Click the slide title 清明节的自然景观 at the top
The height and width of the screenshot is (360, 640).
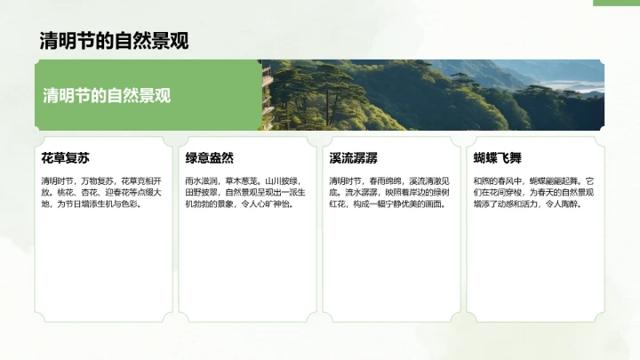pyautogui.click(x=114, y=41)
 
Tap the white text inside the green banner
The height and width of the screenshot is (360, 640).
pyautogui.click(x=107, y=96)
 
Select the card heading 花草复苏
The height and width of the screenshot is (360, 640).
pyautogui.click(x=65, y=158)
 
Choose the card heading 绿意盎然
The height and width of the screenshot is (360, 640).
pyautogui.click(x=210, y=158)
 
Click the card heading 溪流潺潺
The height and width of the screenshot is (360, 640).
pyautogui.click(x=354, y=158)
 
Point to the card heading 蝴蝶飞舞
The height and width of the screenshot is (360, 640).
pyautogui.click(x=498, y=158)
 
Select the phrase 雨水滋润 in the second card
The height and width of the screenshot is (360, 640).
pyautogui.click(x=201, y=180)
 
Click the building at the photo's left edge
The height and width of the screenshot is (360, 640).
pyautogui.click(x=266, y=93)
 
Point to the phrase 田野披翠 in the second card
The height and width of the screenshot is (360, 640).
pyautogui.click(x=201, y=192)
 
